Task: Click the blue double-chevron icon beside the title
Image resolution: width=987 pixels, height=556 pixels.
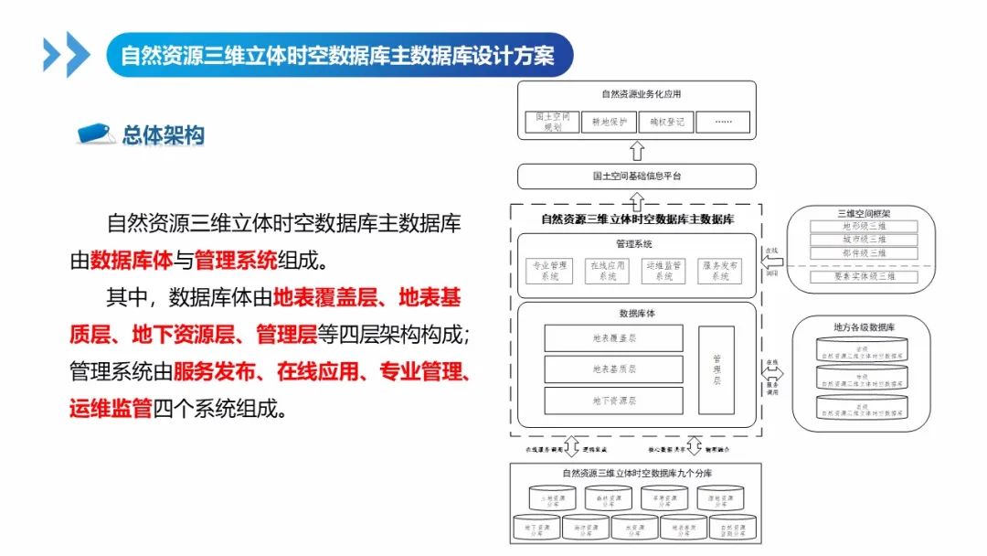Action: (67, 54)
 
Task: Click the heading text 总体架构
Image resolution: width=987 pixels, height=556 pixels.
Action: (163, 135)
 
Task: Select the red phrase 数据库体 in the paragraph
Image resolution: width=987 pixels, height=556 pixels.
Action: (132, 261)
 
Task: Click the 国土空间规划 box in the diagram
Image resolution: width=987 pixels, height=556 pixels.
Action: (553, 122)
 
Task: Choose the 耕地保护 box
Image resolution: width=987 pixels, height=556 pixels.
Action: (610, 122)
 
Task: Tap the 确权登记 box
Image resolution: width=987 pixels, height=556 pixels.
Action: (666, 122)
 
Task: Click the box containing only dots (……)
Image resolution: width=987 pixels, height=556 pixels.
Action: (723, 122)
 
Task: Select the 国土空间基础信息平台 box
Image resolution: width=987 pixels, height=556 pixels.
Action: (636, 176)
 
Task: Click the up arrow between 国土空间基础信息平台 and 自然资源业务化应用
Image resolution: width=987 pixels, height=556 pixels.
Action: (637, 151)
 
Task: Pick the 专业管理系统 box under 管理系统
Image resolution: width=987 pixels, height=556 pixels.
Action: (551, 271)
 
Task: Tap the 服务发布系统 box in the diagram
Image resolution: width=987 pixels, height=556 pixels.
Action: (720, 271)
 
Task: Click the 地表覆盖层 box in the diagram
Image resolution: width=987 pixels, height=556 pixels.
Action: (613, 338)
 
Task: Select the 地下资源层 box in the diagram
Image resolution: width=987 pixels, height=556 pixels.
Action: (613, 401)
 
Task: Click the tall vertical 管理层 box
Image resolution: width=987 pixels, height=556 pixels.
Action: (716, 369)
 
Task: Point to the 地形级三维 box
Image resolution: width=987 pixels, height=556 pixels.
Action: (864, 226)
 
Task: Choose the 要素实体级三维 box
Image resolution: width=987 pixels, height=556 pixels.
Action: (864, 276)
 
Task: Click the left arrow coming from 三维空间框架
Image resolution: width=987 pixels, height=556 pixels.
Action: (773, 261)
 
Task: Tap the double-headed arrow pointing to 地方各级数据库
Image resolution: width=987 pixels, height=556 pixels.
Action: (774, 374)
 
